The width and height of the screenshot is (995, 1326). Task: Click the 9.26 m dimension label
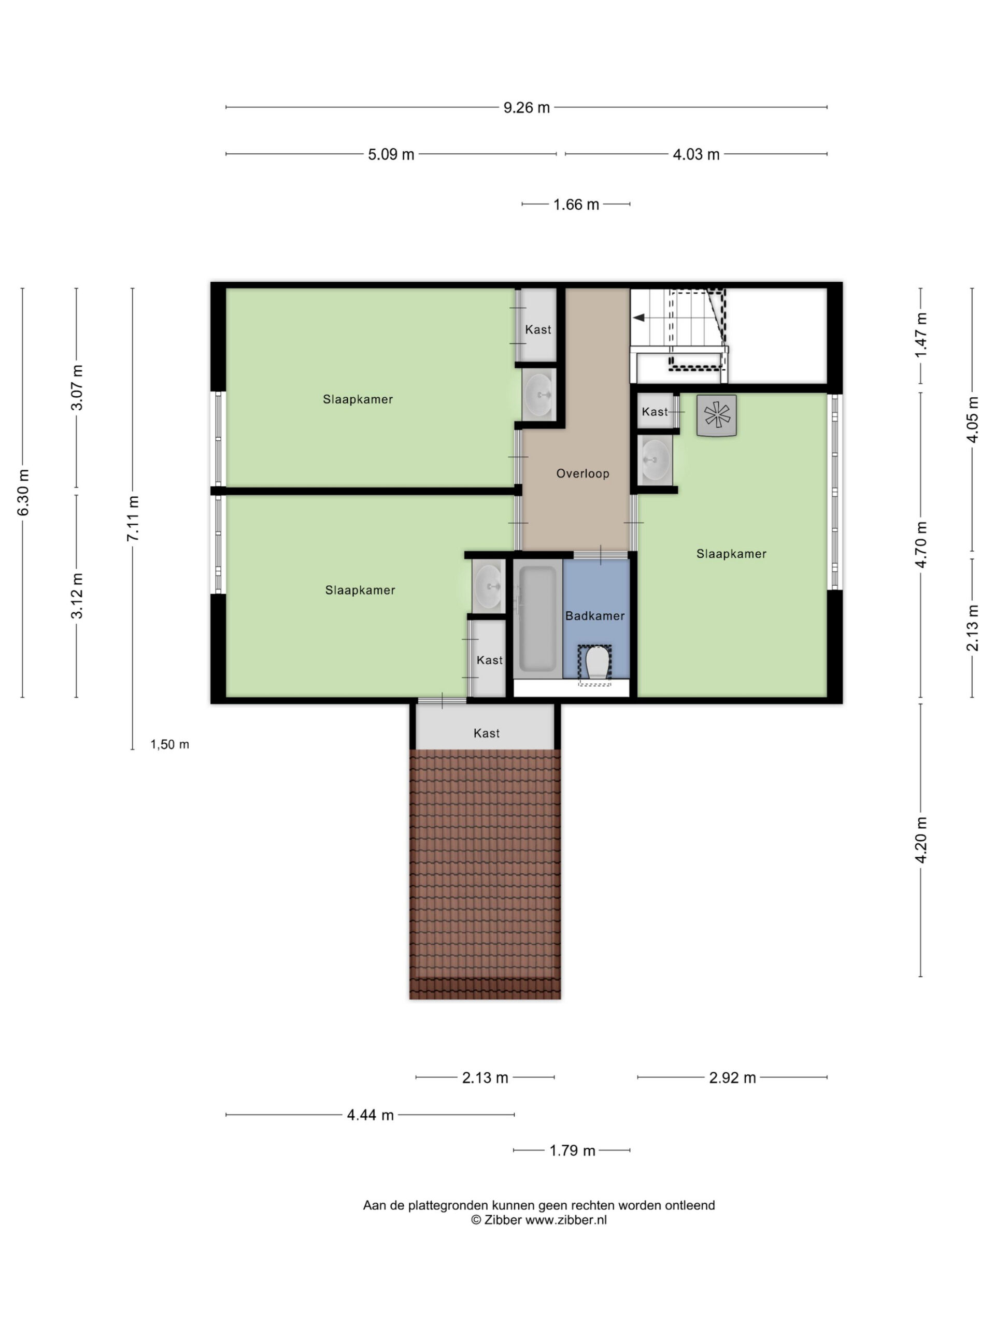coord(526,107)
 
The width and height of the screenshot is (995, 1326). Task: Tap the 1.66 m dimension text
coord(576,205)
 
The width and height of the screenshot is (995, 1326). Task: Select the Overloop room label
coord(582,473)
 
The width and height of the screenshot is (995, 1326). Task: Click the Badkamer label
coord(594,616)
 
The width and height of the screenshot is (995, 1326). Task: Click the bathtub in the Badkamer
coord(537,618)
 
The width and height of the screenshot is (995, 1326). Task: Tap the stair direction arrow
coord(639,318)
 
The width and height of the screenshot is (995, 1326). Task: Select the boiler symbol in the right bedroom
coord(716,415)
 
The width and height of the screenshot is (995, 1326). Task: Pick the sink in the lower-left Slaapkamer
coord(488,586)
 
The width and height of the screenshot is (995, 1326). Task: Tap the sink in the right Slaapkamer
coord(655,460)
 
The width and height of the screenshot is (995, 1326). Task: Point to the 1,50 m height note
coord(170,744)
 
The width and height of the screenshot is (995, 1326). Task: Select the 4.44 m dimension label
coord(370,1115)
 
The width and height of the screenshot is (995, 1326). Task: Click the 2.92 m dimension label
coord(732,1078)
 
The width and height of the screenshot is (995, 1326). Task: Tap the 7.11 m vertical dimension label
coord(133,518)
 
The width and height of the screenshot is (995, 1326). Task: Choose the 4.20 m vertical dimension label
coord(920,839)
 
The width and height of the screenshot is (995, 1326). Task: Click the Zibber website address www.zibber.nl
coord(566,1220)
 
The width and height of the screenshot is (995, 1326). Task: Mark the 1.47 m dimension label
coord(920,335)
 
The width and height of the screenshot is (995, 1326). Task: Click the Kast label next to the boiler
coord(655,412)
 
